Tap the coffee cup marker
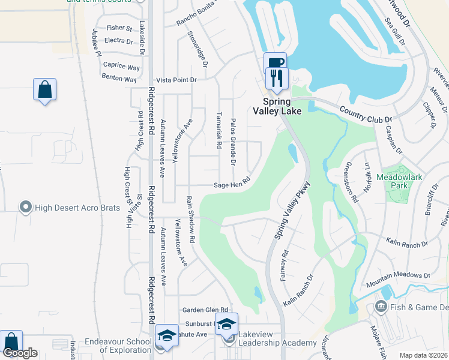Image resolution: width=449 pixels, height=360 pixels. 275,64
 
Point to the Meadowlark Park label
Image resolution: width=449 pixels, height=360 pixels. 400,181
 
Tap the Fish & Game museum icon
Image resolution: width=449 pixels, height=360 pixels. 381,307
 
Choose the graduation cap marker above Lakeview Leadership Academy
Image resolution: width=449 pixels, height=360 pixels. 226,325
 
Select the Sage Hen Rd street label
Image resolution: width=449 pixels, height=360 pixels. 232,185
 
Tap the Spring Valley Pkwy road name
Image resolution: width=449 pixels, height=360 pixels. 292,211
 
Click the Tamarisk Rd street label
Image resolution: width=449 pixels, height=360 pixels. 220,129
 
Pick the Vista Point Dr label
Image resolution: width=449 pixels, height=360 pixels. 176,80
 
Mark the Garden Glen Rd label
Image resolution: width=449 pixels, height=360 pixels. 206,310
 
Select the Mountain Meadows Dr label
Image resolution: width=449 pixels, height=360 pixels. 399,279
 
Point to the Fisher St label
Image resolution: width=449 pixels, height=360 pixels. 119,28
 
